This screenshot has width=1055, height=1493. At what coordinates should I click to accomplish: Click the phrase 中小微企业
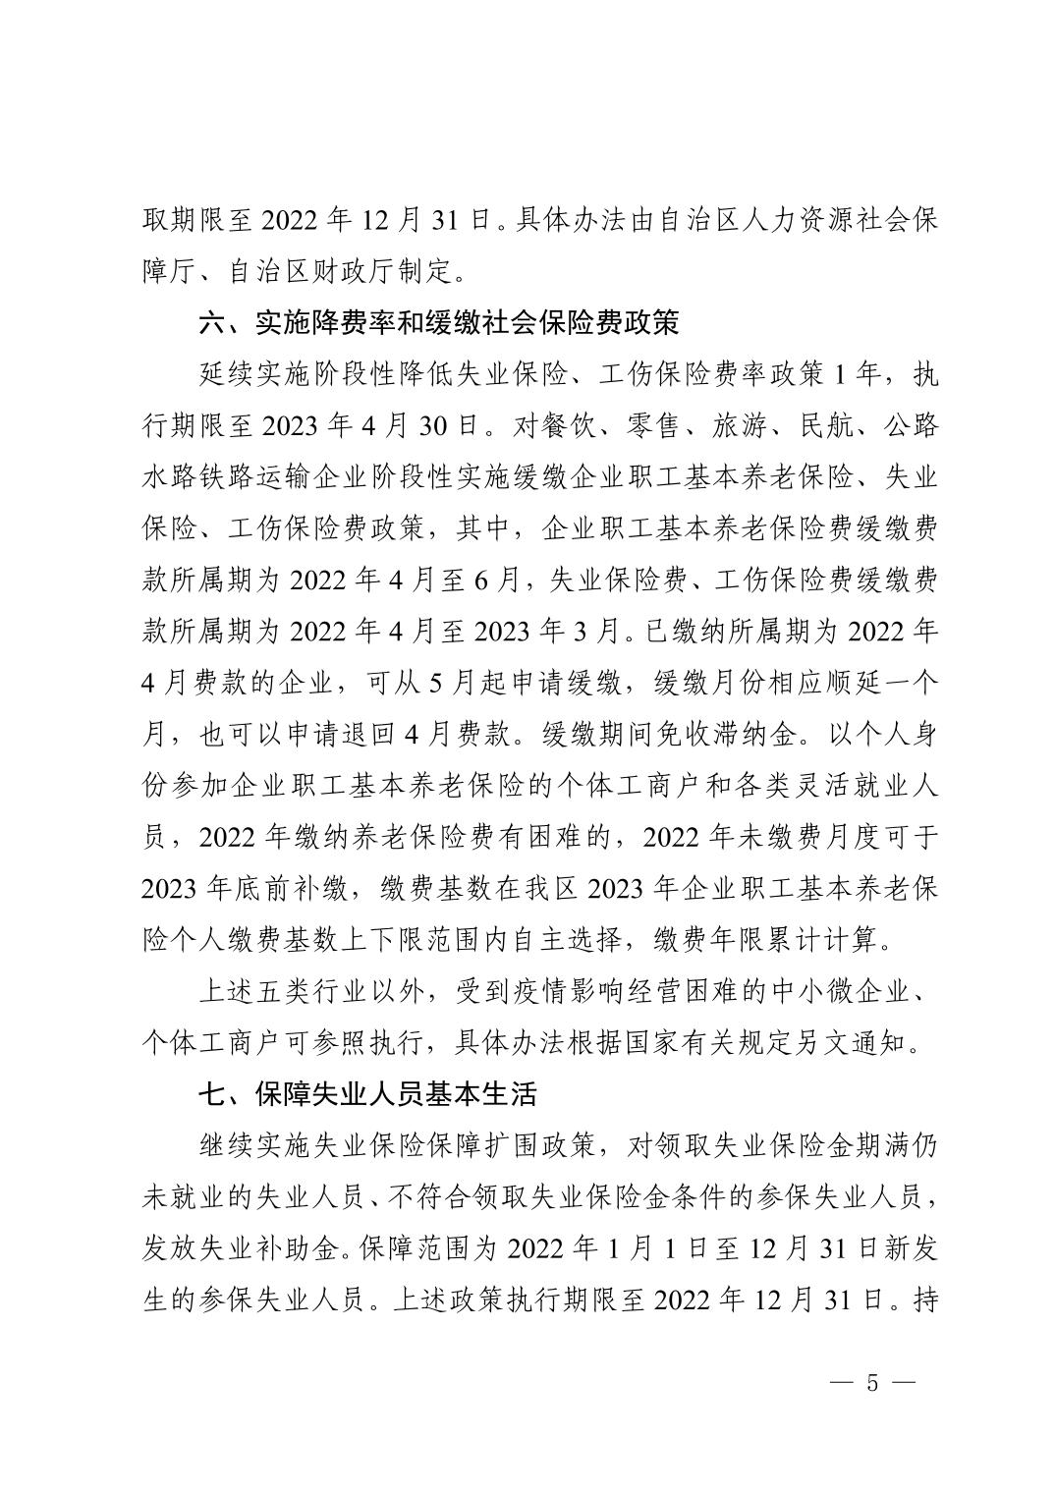pyautogui.click(x=845, y=990)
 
